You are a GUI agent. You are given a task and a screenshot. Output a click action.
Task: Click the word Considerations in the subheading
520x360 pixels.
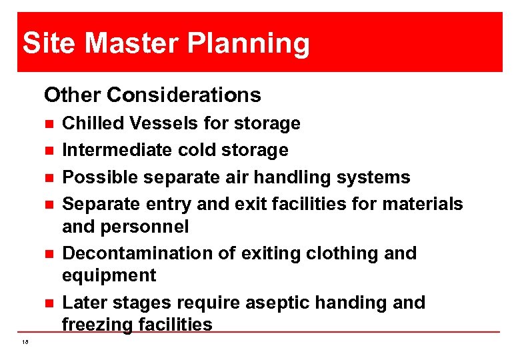coord(183,95)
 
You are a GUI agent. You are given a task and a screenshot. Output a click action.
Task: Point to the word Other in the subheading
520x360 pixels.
coord(72,95)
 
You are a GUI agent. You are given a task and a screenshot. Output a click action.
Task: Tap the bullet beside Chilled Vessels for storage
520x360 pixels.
coord(48,124)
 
